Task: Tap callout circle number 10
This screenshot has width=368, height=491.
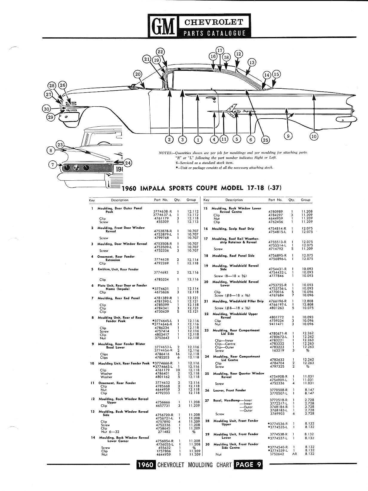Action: click(313, 136)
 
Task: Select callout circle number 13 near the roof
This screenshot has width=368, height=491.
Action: click(252, 62)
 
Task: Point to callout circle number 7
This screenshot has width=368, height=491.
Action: click(53, 165)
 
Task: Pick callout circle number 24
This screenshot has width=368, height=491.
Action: click(128, 163)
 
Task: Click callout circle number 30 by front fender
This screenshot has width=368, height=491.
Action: click(46, 109)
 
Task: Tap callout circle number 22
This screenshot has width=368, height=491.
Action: click(160, 52)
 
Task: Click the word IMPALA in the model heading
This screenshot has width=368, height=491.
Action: click(157, 188)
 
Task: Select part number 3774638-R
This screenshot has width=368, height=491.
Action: click(163, 211)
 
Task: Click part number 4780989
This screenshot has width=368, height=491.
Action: click(276, 211)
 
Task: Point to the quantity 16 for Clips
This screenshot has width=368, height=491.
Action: click(178, 354)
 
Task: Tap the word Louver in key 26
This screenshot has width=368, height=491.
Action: click(218, 390)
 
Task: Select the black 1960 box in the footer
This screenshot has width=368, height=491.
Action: click(146, 465)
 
